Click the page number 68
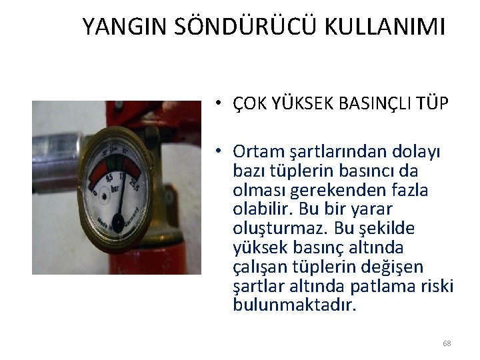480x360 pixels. click(447, 343)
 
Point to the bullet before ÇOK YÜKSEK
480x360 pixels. click(218, 104)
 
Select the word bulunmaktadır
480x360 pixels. click(295, 305)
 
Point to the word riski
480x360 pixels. click(437, 286)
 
